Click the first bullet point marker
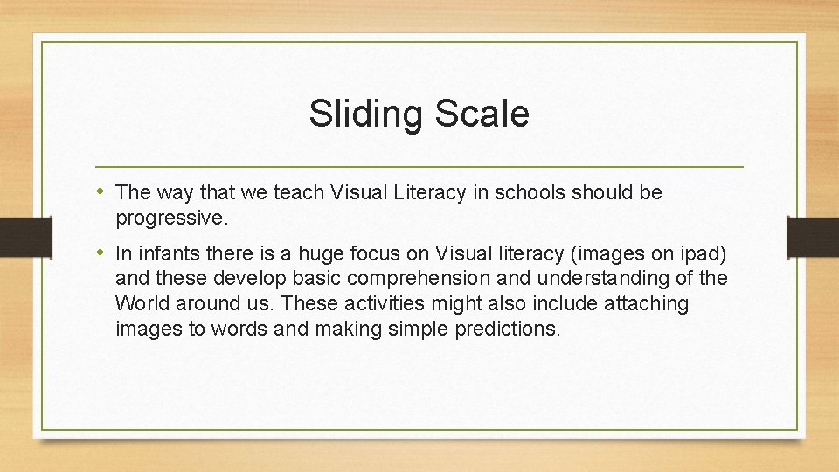point(102,191)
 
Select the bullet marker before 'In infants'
point(102,253)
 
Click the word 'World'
point(143,304)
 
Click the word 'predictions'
point(506,329)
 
